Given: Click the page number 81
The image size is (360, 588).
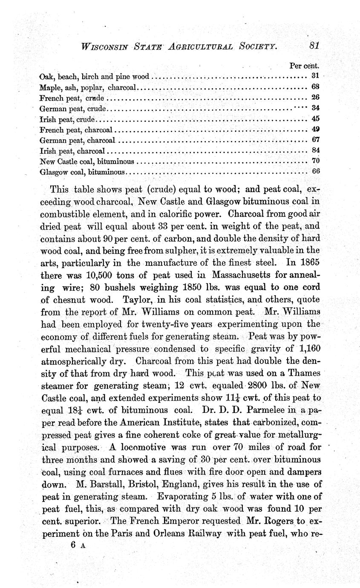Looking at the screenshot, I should [x=315, y=46].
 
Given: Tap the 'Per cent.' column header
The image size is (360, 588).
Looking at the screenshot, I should [x=304, y=66].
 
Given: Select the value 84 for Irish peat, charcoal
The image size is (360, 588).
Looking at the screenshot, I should [x=316, y=150].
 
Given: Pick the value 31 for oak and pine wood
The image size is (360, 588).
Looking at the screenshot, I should [x=315, y=76].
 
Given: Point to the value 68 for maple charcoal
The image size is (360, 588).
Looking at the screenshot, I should [x=315, y=87].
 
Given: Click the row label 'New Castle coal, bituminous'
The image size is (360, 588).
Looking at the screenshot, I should [x=87, y=161].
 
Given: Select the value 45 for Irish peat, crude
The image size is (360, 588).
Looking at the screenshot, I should [x=316, y=118].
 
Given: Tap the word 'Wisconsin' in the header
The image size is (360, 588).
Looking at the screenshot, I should [x=104, y=46].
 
